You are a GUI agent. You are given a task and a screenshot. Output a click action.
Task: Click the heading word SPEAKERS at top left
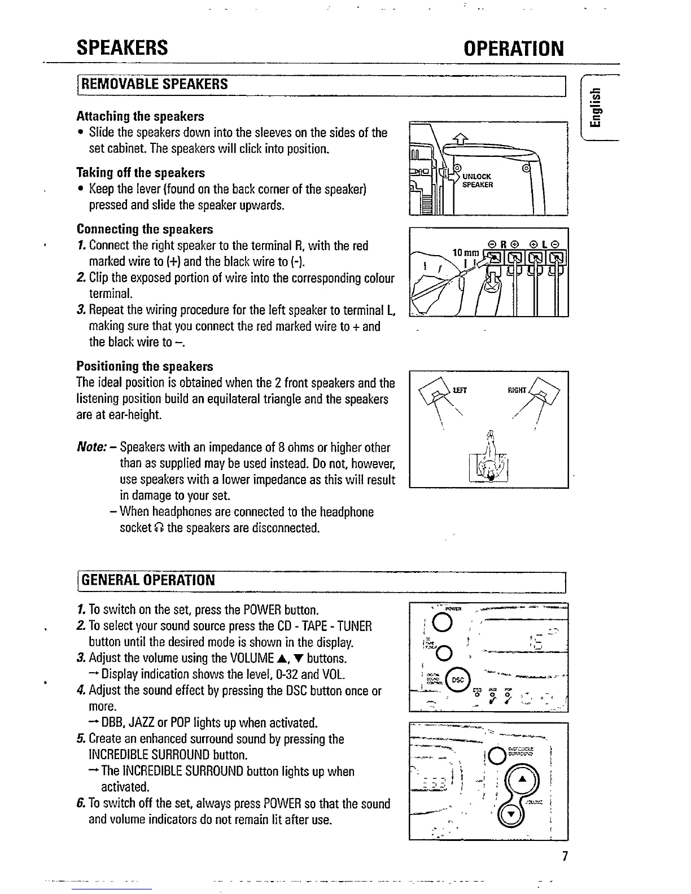pyautogui.click(x=123, y=48)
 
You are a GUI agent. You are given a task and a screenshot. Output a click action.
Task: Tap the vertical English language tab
pyautogui.click(x=596, y=108)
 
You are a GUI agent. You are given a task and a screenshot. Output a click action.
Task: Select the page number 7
pyautogui.click(x=564, y=857)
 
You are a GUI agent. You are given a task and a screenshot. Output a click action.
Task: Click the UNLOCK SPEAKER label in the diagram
pyautogui.click(x=477, y=181)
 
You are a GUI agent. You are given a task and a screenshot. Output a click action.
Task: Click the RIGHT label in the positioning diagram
pyautogui.click(x=517, y=390)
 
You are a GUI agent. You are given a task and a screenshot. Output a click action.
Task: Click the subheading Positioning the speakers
pyautogui.click(x=145, y=366)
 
